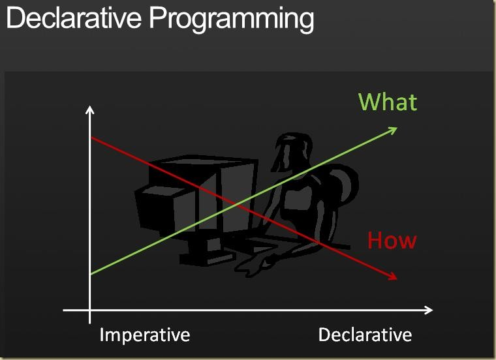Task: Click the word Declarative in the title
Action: [x=73, y=18]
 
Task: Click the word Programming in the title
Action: [x=232, y=20]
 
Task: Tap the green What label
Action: [x=388, y=102]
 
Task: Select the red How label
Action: [x=392, y=240]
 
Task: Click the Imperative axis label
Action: [x=145, y=335]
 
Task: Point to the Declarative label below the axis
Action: [x=365, y=335]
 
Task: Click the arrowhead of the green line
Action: [x=393, y=130]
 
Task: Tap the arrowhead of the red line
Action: [x=393, y=277]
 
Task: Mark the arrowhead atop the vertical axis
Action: [x=90, y=110]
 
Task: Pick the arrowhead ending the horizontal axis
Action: [x=429, y=310]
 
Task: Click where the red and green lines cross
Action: [x=235, y=205]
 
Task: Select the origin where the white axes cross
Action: [x=90, y=310]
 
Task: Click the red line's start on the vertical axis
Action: [x=91, y=138]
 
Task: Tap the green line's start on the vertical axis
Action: [x=91, y=274]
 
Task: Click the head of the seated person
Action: [x=292, y=152]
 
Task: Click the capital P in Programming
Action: [x=157, y=18]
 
